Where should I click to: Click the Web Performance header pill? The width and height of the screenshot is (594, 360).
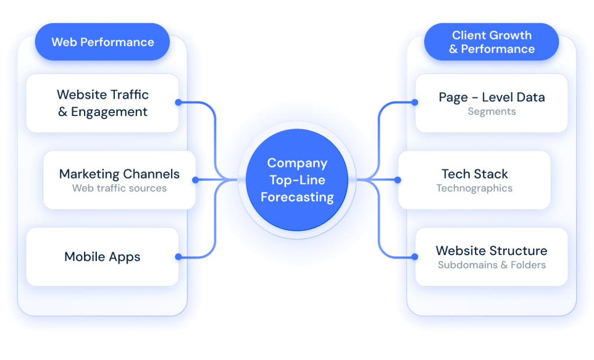coord(103,42)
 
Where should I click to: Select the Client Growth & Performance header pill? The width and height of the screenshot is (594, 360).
coord(491,42)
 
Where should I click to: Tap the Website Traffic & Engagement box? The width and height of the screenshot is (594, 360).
coord(103,103)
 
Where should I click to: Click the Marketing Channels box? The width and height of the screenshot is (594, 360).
coord(119,180)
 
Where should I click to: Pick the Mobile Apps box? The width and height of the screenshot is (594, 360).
coord(103,257)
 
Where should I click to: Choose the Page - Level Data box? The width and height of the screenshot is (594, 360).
coord(491,103)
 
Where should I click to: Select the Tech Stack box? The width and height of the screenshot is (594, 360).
coord(474,180)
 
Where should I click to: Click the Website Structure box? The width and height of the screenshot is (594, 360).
coord(491,257)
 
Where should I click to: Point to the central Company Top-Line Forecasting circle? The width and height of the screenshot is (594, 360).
coord(297,180)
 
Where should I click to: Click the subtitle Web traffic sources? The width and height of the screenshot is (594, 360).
coord(119,188)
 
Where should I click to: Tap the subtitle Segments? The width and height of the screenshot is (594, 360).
coord(491,111)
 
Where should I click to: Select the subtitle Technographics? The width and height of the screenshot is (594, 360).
coord(474,188)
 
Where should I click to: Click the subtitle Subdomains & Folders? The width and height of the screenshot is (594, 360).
coord(491,266)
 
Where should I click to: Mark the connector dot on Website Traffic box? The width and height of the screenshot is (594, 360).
coord(178,103)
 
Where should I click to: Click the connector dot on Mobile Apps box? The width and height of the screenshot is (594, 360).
coord(178,257)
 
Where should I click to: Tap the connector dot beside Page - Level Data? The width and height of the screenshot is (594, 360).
coord(416,103)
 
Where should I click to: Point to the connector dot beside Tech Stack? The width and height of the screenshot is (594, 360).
coord(399,180)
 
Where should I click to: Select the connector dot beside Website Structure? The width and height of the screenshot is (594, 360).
coord(416,257)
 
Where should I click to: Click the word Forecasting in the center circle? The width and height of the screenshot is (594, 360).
coord(297,197)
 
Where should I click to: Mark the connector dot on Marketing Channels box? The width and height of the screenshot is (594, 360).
coord(195,180)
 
